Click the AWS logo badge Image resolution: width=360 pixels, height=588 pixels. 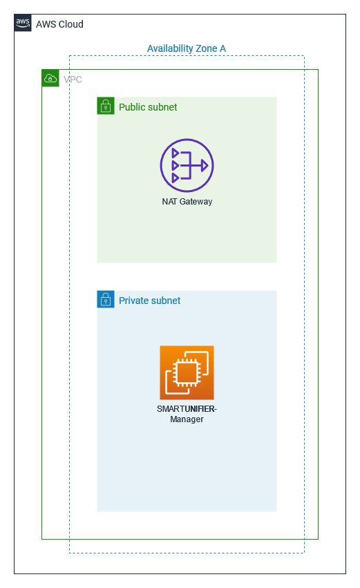point(23,23)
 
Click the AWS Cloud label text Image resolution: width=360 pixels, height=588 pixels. point(59,24)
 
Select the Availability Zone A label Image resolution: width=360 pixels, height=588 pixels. point(187,49)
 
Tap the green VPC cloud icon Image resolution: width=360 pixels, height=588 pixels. point(50,78)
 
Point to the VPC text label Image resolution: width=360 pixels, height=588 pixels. point(73,79)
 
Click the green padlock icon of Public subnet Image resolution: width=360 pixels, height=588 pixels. point(106,106)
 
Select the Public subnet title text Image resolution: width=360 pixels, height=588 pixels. point(148,107)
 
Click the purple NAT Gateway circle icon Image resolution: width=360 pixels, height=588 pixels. point(187,165)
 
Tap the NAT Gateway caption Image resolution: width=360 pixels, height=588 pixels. point(187,201)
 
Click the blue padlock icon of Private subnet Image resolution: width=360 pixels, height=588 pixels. point(106,299)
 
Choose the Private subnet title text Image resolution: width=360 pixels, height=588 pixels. point(150,301)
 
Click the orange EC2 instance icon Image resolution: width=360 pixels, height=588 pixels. point(187,372)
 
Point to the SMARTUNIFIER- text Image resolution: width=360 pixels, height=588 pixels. point(187,409)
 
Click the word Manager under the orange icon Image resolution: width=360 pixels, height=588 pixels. point(187,419)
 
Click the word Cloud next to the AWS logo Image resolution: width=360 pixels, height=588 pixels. point(71,24)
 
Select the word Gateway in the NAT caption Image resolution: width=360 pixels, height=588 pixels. point(196,202)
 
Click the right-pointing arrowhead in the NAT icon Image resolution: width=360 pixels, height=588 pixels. point(205,165)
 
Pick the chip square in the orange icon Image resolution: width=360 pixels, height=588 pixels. point(187,372)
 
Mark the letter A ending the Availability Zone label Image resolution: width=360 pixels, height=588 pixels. point(222,49)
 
